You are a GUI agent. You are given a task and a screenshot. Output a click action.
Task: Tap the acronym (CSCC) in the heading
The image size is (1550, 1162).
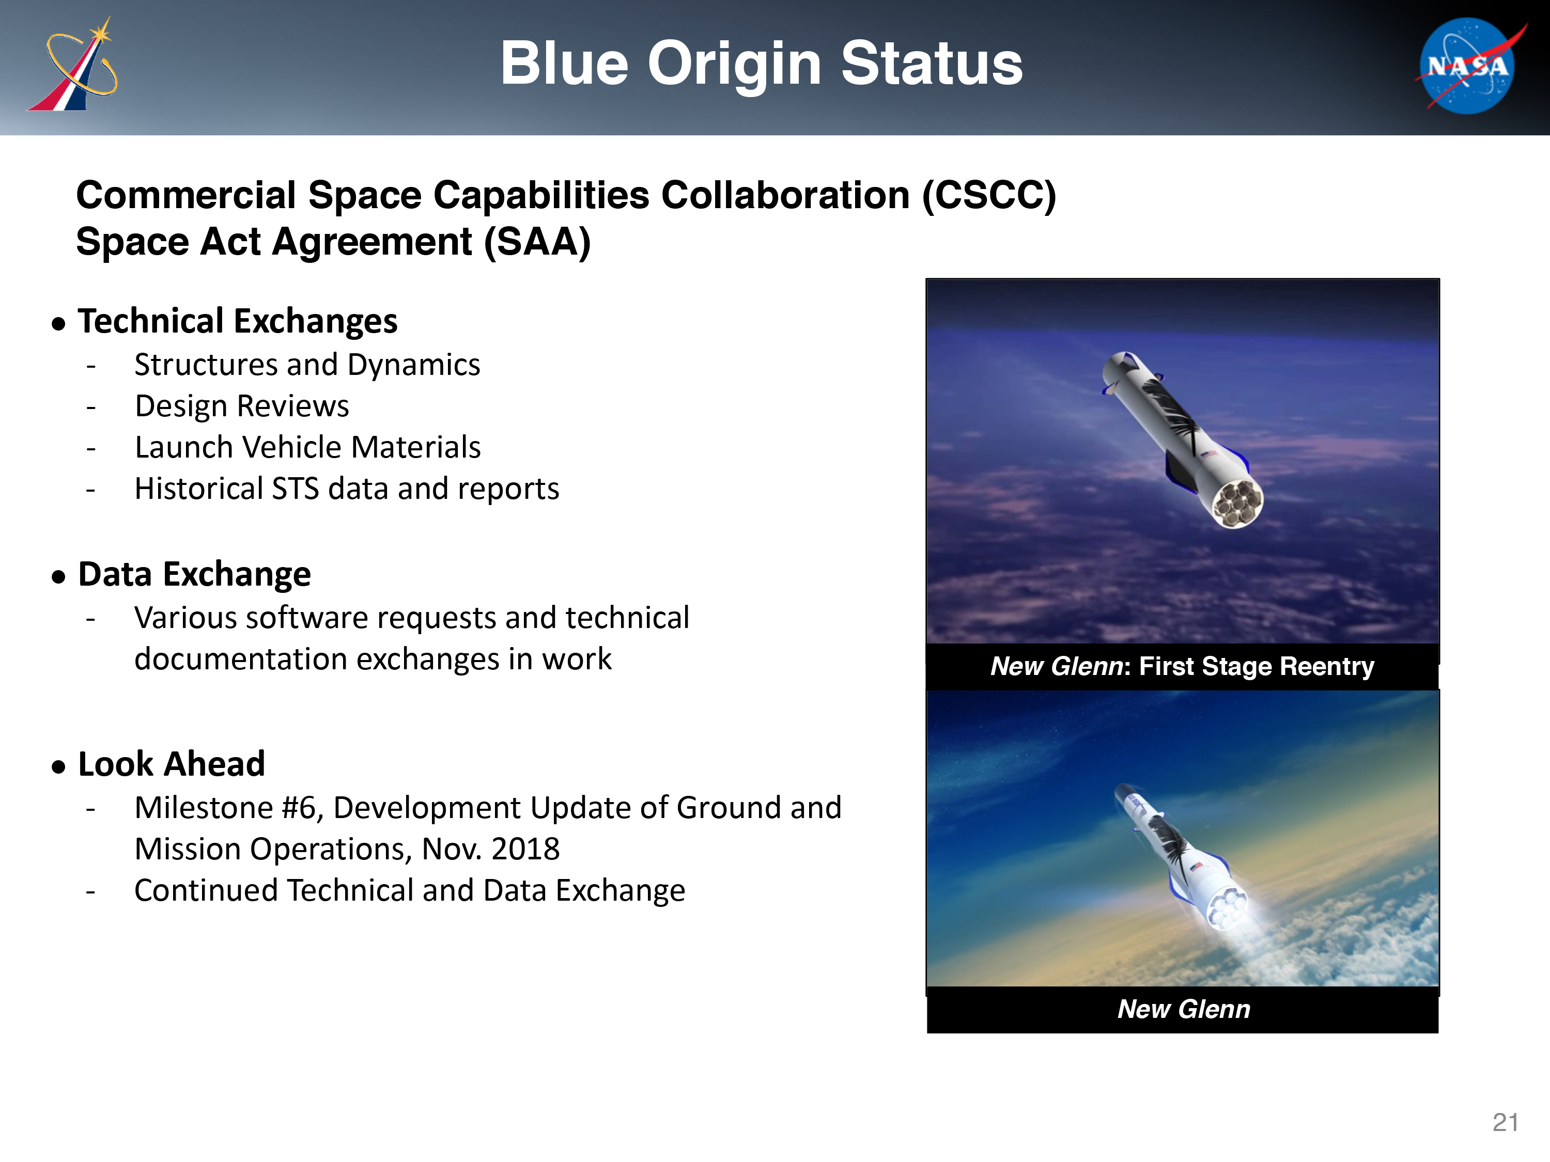click(x=989, y=195)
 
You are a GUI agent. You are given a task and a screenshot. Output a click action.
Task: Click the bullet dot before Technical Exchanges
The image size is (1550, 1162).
click(x=58, y=324)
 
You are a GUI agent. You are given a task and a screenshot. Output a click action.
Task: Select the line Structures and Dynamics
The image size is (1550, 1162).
click(x=307, y=365)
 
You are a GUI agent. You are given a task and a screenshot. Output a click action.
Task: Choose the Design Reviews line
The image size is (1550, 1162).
click(x=242, y=406)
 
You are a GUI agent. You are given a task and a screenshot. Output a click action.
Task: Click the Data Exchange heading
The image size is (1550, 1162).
click(x=194, y=574)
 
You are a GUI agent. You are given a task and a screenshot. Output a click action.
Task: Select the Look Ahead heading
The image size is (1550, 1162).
click(x=172, y=764)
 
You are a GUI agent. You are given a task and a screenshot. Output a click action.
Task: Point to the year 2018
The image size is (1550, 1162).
click(x=525, y=849)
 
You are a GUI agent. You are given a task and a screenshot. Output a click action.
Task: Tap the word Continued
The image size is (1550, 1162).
click(x=207, y=891)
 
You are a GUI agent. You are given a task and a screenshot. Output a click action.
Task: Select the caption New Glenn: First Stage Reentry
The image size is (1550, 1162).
click(x=1182, y=666)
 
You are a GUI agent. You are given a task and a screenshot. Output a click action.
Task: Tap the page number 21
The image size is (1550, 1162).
click(x=1505, y=1123)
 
